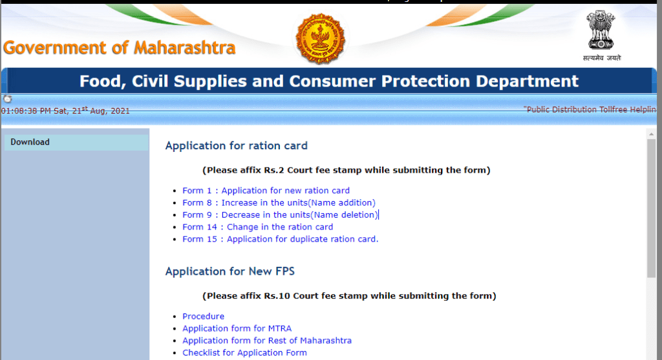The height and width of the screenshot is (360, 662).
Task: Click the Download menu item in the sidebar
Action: tap(30, 142)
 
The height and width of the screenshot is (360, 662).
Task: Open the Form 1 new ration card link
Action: tap(266, 191)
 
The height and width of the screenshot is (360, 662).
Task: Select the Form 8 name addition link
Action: tap(279, 203)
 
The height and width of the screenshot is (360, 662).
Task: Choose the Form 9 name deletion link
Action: tap(279, 215)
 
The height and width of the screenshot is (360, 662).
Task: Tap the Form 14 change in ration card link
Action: tap(257, 227)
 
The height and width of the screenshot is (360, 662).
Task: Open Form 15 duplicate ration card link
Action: tap(280, 239)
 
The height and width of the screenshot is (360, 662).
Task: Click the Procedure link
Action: tap(203, 317)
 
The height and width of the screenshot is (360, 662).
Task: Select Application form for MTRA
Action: tap(237, 328)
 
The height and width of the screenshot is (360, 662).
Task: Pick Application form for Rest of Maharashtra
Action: tap(267, 341)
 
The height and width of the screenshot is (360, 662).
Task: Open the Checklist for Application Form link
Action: tap(244, 353)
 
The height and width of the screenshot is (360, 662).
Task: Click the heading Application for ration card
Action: tap(236, 145)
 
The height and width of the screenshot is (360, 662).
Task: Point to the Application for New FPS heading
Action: tap(230, 271)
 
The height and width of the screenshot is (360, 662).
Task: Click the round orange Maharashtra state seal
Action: tap(321, 39)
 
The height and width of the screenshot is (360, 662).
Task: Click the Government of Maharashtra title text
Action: tap(120, 48)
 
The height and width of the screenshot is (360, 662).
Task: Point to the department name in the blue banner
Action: tap(329, 81)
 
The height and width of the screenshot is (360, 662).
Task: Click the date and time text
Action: tap(65, 111)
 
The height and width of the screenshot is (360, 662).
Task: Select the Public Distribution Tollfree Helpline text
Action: tap(592, 110)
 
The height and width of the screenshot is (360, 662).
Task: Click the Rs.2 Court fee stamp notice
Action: tap(346, 171)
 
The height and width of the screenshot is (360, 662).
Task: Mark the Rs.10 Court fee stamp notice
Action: tap(349, 296)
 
